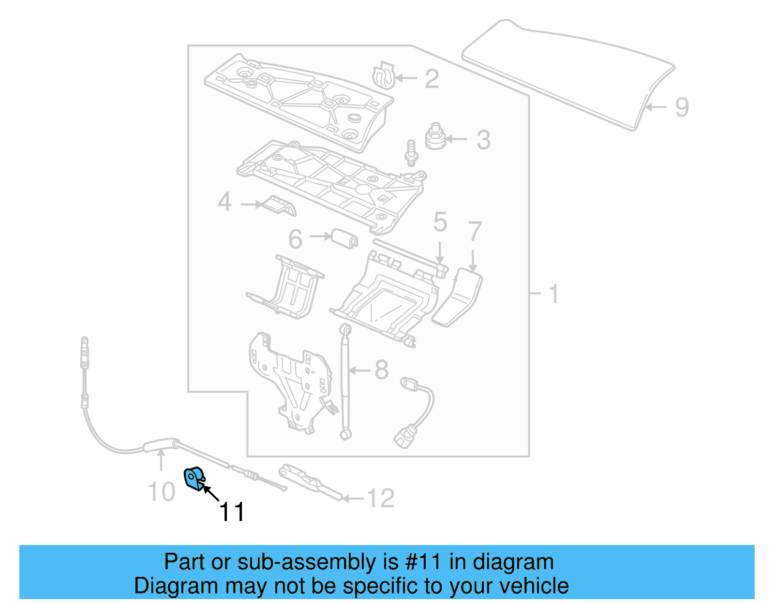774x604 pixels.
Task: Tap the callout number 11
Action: click(x=232, y=512)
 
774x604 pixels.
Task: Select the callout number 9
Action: click(x=681, y=107)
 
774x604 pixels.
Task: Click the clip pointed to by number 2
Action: click(x=383, y=76)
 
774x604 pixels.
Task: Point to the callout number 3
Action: click(x=483, y=140)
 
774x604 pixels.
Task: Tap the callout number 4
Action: click(x=224, y=202)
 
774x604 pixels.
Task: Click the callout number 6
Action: click(x=295, y=239)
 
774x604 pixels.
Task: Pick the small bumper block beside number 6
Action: click(x=344, y=238)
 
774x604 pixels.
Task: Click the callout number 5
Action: click(x=440, y=222)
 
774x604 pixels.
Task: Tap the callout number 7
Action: click(x=475, y=231)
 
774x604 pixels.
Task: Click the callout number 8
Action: click(x=382, y=370)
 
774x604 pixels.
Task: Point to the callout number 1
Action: click(x=554, y=294)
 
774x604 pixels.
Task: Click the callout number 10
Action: click(x=161, y=492)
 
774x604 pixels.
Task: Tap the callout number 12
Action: click(x=381, y=498)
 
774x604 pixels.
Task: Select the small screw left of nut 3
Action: click(x=411, y=152)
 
